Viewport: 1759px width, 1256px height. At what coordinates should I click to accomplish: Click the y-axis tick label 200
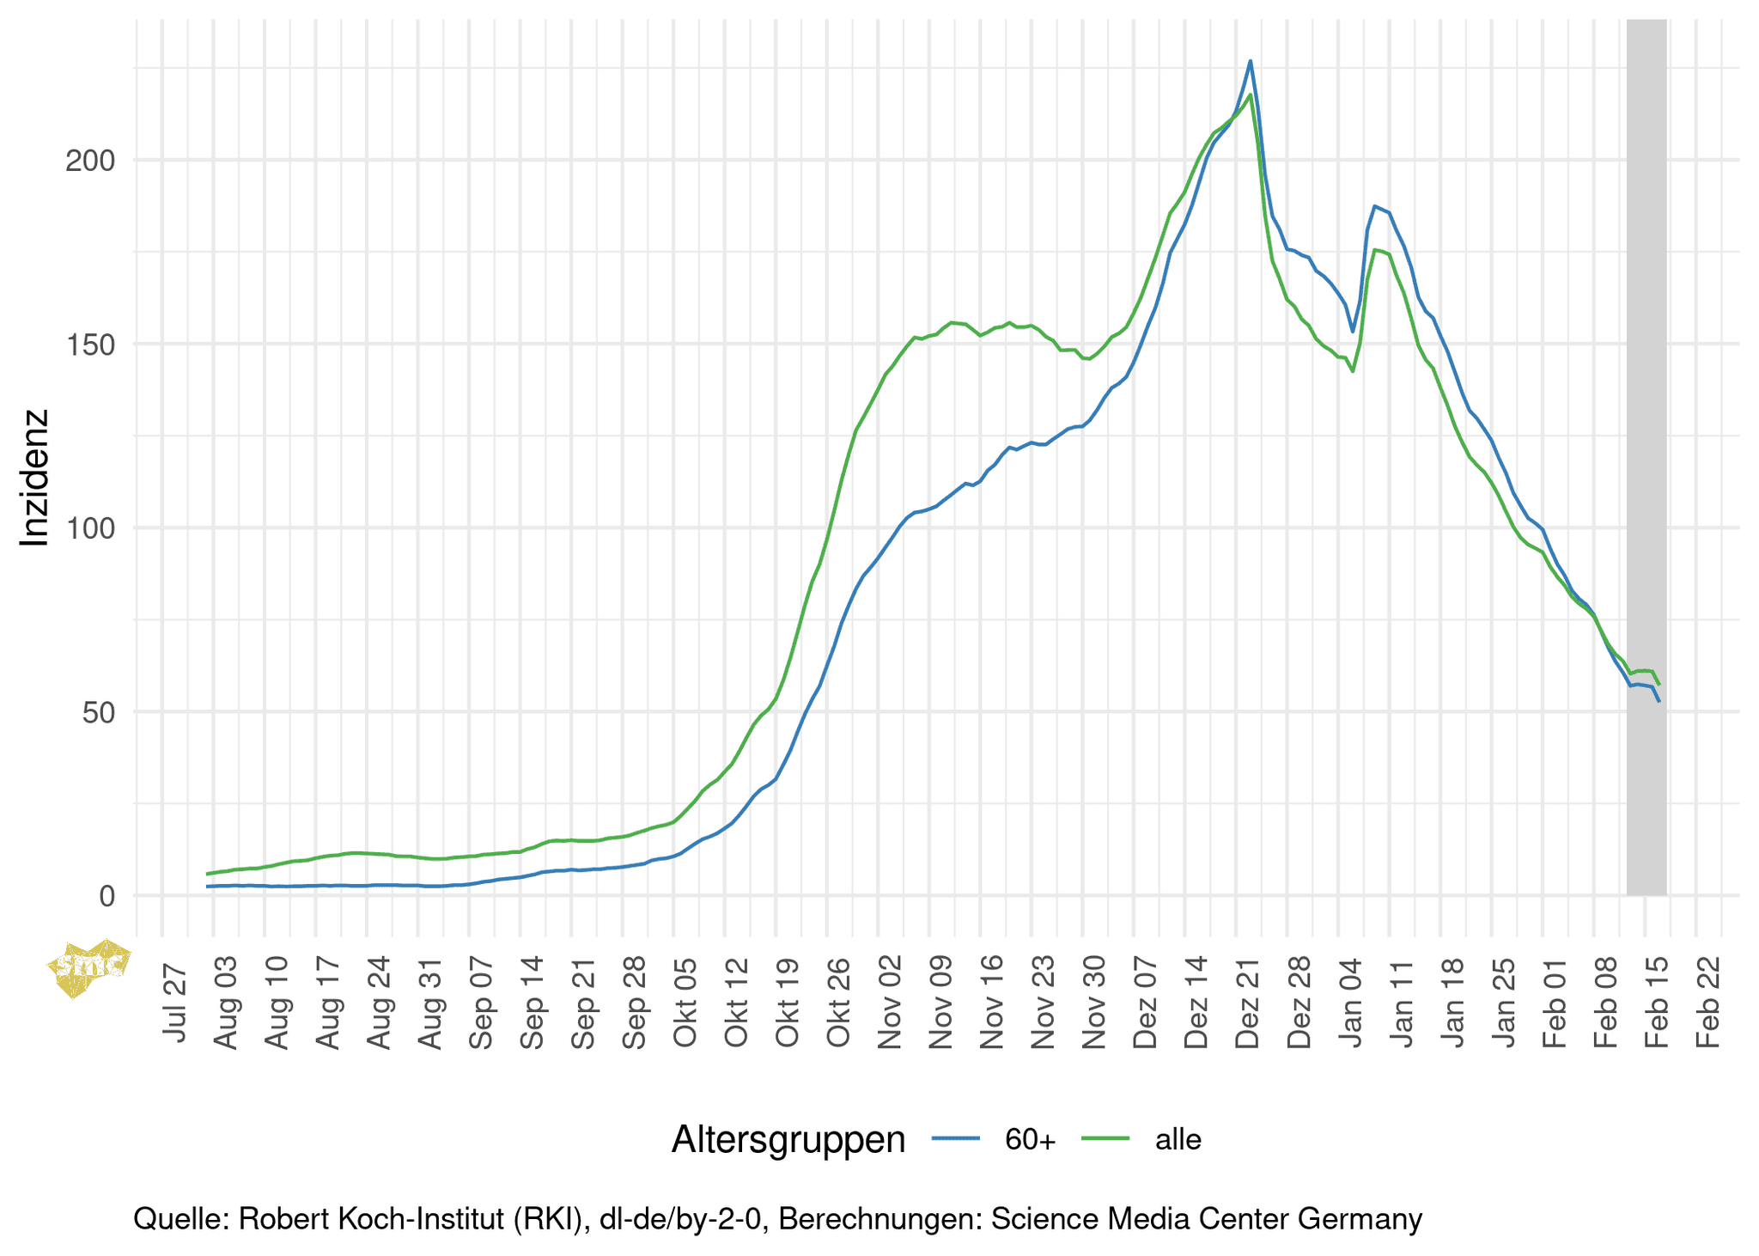[90, 161]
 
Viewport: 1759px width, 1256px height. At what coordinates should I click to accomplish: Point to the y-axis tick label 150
[90, 344]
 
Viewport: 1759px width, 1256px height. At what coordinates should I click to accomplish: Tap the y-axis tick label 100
[90, 528]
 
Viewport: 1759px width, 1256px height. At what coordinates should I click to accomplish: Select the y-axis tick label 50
[99, 712]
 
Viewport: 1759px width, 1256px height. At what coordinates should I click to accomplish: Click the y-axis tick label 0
[107, 896]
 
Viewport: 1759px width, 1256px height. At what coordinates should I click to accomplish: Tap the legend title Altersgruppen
[788, 1139]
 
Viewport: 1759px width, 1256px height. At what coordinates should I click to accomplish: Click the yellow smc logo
[89, 968]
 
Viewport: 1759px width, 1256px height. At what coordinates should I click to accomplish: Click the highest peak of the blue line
[1251, 61]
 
